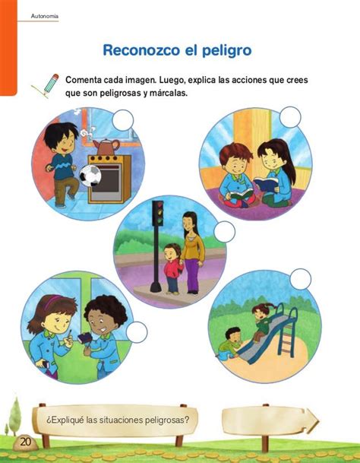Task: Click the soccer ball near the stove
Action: (x=90, y=176)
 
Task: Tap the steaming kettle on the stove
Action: (x=106, y=147)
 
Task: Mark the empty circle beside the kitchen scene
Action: (x=123, y=120)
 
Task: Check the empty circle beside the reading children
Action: (x=290, y=117)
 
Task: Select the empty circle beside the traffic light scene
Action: (x=225, y=232)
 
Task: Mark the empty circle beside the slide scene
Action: (x=301, y=279)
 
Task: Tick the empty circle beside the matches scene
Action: (x=137, y=332)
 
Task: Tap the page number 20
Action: (x=25, y=442)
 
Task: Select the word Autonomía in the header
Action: (x=45, y=16)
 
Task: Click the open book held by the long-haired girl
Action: (x=266, y=183)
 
